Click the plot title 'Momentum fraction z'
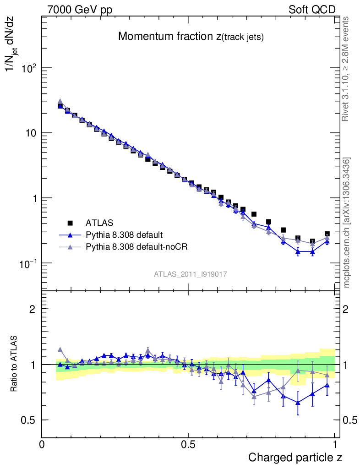[191, 37]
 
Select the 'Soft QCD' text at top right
[312, 10]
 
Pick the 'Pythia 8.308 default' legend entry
[124, 235]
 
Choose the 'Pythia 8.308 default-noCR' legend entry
[137, 247]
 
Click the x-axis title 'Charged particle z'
[295, 457]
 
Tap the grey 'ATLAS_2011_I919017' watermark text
[191, 274]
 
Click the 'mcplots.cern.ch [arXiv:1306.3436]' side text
[347, 222]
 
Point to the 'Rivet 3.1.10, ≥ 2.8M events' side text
[346, 69]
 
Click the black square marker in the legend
[71, 223]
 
